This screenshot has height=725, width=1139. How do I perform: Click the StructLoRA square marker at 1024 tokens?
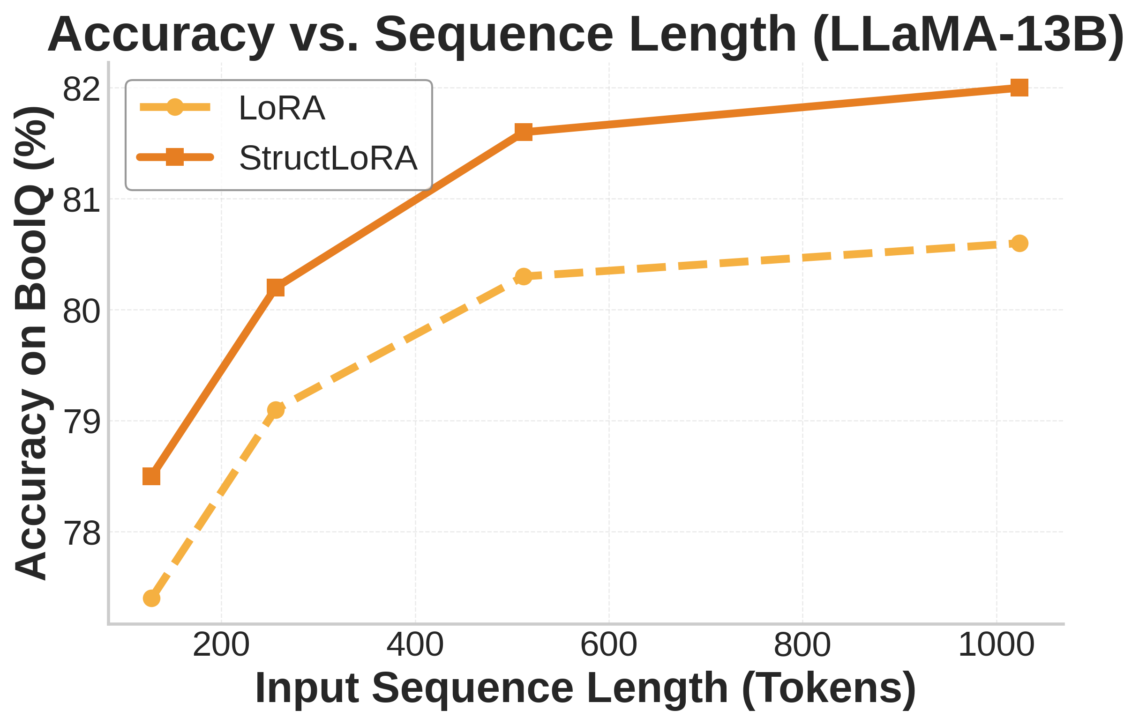coord(1019,88)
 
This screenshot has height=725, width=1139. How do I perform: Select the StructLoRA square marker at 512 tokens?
coord(523,132)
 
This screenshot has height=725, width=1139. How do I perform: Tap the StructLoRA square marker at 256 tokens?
coord(276,288)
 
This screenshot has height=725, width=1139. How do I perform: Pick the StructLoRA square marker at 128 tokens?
coord(151,476)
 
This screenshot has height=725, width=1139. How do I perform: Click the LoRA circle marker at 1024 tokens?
coord(1019,244)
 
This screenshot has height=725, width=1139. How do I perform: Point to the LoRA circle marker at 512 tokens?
coord(523,276)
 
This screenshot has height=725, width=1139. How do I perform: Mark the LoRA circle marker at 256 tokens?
coord(276,410)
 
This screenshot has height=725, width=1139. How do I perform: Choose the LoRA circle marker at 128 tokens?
coord(151,599)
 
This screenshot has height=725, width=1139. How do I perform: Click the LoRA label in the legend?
coord(282,108)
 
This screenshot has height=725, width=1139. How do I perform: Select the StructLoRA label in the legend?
coord(328,158)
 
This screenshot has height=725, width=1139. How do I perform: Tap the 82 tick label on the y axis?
coord(82,89)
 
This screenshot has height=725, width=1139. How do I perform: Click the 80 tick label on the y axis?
coord(82,311)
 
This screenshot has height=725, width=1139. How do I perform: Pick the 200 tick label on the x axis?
coord(221,644)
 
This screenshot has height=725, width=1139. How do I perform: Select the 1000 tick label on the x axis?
coord(996,644)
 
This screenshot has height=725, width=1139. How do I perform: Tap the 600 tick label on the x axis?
coord(609,644)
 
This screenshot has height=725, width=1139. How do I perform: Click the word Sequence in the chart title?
coord(494,35)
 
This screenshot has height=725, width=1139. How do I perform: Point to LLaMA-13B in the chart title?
coord(967,35)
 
